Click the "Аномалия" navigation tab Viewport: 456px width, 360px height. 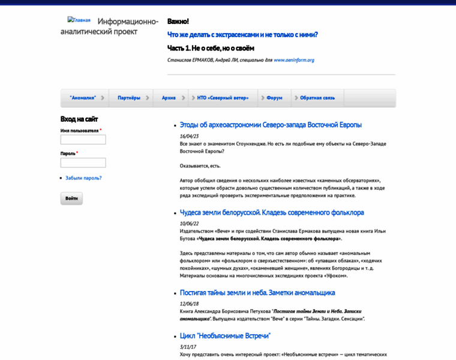[83, 98]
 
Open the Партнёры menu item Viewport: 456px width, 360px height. [129, 98]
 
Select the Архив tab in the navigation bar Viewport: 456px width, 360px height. [169, 98]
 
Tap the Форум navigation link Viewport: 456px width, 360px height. [274, 98]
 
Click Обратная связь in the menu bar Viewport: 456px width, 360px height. [317, 98]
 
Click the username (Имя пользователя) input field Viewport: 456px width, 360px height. [83, 140]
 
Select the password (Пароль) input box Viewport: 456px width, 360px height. [83, 163]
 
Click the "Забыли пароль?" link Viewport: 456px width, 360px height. [83, 178]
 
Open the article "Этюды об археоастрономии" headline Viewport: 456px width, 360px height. [271, 125]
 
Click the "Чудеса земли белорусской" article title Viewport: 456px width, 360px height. [272, 212]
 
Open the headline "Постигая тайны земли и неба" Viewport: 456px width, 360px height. [257, 293]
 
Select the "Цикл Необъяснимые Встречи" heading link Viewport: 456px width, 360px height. [225, 336]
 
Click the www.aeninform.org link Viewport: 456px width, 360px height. [294, 60]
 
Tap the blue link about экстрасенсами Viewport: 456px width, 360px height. [242, 35]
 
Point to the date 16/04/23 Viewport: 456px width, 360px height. [189, 136]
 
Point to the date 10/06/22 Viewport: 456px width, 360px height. [189, 223]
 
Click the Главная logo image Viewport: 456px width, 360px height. [79, 20]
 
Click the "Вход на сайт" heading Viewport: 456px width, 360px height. [79, 119]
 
